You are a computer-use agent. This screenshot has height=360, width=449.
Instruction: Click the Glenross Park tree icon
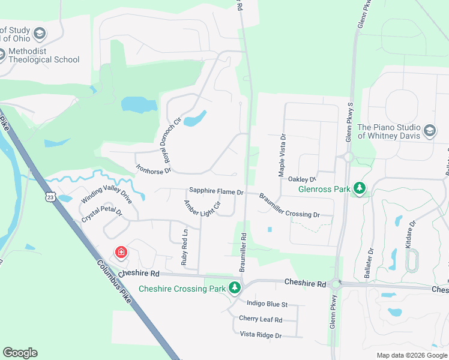[360, 189]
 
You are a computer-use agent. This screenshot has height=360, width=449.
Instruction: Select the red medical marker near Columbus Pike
[121, 252]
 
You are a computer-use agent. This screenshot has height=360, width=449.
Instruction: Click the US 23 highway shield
[50, 196]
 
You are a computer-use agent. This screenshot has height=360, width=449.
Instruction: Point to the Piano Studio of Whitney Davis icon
[430, 130]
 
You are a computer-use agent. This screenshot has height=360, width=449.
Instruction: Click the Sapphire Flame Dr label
[216, 192]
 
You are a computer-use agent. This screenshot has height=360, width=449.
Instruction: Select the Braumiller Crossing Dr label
[289, 205]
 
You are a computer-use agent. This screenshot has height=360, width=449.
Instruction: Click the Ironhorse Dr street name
[154, 163]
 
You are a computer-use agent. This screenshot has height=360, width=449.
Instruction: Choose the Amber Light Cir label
[202, 207]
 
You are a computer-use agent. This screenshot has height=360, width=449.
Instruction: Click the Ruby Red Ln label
[185, 247]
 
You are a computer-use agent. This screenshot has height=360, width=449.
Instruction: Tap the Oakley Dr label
[302, 179]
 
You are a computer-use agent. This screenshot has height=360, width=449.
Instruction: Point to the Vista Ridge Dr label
[261, 335]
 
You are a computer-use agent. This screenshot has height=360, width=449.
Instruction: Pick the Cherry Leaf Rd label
[261, 319]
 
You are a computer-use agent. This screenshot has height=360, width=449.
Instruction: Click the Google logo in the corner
[20, 353]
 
